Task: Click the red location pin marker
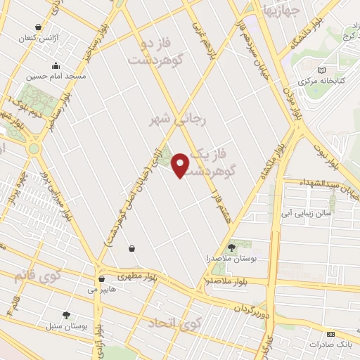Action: [x=181, y=165]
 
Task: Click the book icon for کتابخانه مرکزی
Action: [x=321, y=70]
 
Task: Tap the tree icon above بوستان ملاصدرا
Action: [x=232, y=247]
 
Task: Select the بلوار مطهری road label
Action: [x=134, y=276]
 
